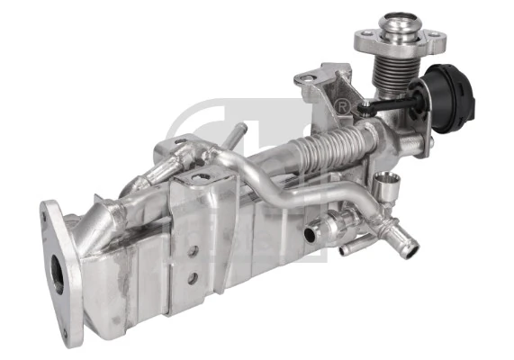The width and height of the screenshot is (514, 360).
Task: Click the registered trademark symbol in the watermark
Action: pyautogui.click(x=342, y=107)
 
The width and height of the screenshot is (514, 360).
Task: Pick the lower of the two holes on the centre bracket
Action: pyautogui.click(x=193, y=278)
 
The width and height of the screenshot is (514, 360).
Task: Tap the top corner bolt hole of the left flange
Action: pyautogui.click(x=48, y=213)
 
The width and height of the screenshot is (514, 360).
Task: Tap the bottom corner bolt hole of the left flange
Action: pyautogui.click(x=76, y=339)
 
